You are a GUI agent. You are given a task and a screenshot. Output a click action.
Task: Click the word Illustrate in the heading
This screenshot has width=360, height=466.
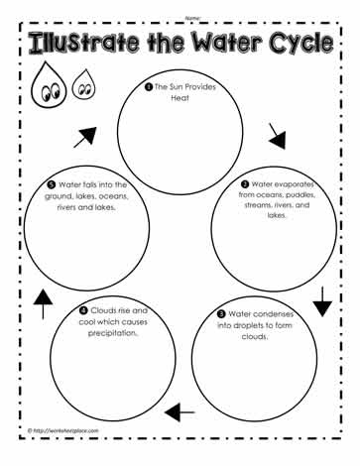[x=85, y=43]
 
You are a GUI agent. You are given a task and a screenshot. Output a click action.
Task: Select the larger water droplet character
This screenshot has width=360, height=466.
[x=49, y=84]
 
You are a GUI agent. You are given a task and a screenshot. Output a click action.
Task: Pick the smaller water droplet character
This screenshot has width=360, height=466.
[x=84, y=84]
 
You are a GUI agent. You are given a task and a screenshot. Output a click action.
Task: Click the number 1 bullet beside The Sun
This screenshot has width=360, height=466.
[x=149, y=87]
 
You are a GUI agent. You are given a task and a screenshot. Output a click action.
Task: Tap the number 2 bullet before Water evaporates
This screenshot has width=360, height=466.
[x=245, y=184]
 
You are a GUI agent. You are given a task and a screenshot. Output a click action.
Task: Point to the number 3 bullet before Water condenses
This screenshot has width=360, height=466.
[x=221, y=313]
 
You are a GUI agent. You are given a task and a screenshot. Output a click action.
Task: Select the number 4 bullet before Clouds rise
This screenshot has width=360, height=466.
[x=83, y=310]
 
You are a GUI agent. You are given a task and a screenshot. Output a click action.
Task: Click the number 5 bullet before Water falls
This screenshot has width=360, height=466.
[x=52, y=184]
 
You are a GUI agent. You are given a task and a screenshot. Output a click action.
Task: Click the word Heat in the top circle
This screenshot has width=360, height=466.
[x=180, y=98]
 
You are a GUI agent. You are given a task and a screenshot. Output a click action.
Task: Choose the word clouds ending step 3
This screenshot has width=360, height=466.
[x=255, y=336]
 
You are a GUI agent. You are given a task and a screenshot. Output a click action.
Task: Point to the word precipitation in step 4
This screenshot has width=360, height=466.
[x=113, y=333]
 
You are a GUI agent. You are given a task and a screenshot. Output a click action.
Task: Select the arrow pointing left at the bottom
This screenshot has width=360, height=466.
[x=180, y=412]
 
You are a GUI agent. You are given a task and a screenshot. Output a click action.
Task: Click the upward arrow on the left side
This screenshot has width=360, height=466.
[x=43, y=304]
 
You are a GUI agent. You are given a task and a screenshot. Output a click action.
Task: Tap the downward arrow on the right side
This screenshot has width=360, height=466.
[x=322, y=301]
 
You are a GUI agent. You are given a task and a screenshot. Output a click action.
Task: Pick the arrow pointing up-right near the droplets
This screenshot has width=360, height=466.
[x=85, y=137]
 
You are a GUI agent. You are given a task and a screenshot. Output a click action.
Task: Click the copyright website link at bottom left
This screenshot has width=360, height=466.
[x=63, y=430]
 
